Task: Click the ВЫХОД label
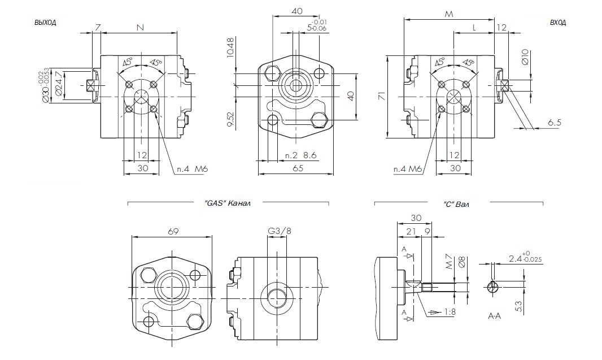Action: [x=45, y=23]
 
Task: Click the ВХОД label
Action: [x=557, y=23]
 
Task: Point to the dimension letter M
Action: [x=449, y=14]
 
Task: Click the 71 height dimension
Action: [x=381, y=97]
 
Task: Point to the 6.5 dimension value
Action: [x=554, y=123]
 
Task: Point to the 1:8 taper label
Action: [x=450, y=311]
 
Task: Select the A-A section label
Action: [x=494, y=317]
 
